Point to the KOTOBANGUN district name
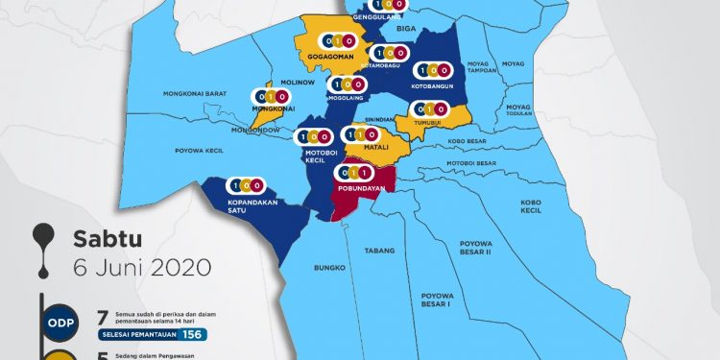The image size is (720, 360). click(x=431, y=85)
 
